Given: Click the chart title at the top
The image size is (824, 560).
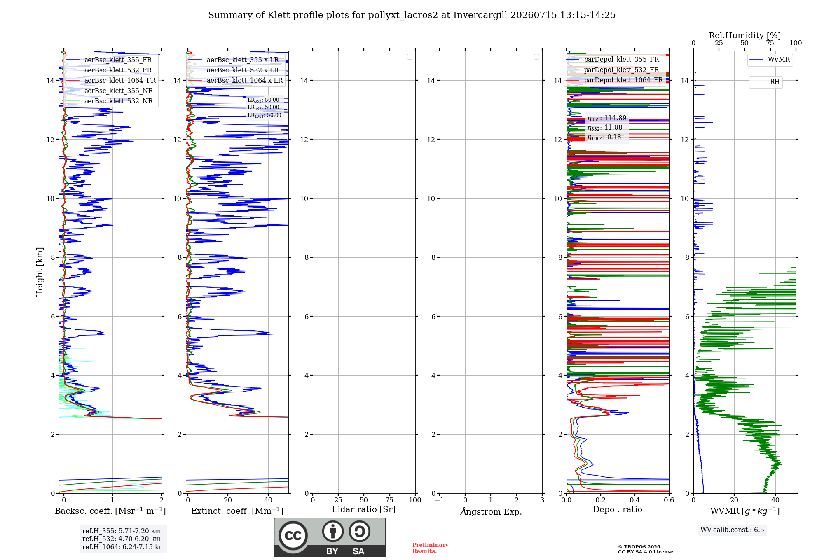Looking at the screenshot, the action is point(412,15).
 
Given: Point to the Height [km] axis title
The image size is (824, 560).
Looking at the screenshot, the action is point(40,272).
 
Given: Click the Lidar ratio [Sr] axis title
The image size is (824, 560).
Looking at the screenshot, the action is point(364,510).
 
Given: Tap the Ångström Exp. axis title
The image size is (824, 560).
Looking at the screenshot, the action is point(491,511).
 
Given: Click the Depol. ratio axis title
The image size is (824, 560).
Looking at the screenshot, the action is point(618,510).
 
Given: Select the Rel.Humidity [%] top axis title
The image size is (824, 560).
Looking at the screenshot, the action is point(744,35).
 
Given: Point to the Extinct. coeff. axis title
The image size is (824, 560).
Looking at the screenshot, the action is point(237,511).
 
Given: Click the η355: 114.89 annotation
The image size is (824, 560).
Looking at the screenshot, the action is point(607,118).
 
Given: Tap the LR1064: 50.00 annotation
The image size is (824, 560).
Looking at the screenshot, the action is point(264,115).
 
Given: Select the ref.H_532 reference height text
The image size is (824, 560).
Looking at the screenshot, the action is point(122,539).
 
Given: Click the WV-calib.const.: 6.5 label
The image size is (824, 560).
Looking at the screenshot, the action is point(732,530).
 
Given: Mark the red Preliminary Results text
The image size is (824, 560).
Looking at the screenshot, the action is point(431,548).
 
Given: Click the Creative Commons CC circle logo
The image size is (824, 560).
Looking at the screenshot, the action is point(293,536).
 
